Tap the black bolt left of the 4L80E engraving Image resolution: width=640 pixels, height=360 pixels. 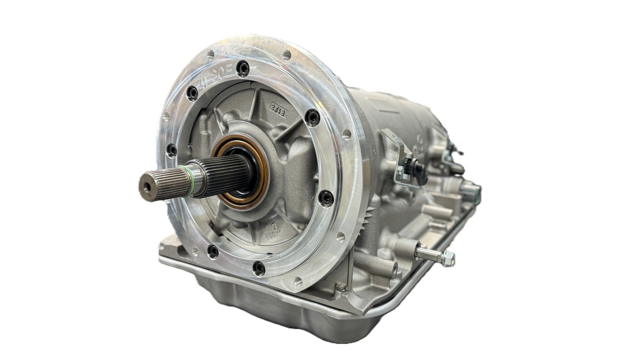[x=193, y=93]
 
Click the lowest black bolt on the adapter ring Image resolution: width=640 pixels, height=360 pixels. [x=258, y=268]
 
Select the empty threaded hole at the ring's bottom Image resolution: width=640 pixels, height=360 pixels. [x=297, y=281]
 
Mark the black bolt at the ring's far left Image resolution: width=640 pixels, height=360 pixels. [x=172, y=150]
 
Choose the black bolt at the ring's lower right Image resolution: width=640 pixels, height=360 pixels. [x=326, y=197]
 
